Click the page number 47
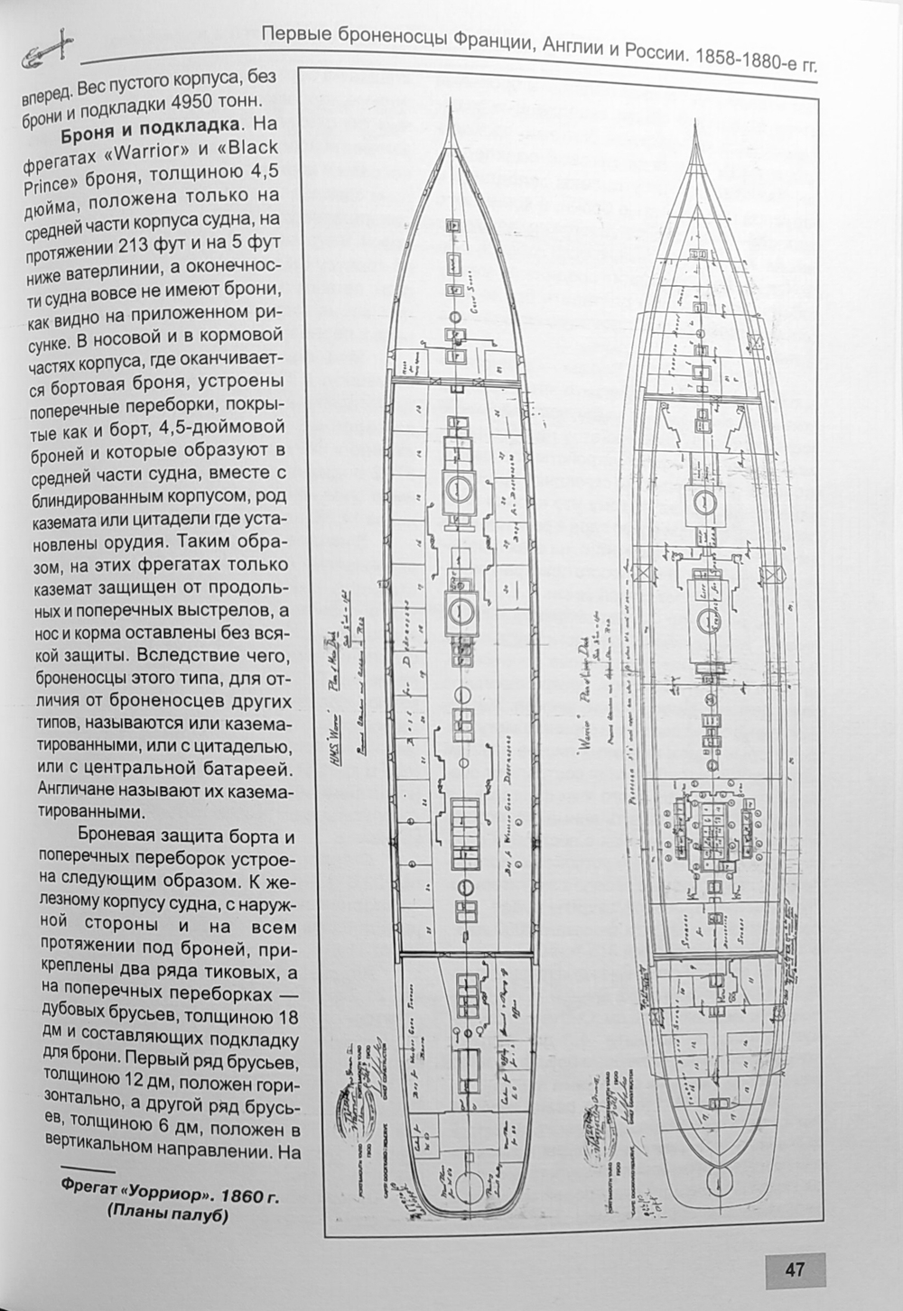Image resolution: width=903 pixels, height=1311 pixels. coord(794,1269)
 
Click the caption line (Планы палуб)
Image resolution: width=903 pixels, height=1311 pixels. coord(168,1216)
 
